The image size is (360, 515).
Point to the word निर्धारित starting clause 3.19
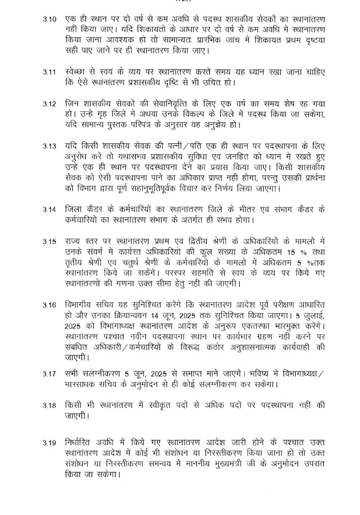(80, 442)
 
